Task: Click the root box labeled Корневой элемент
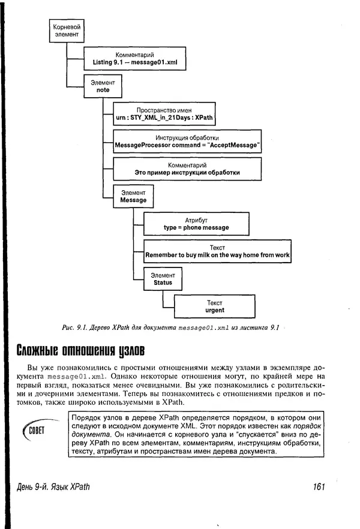click(65, 31)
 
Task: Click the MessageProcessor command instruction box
click(187, 142)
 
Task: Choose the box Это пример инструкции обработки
click(187, 169)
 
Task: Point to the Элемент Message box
click(133, 196)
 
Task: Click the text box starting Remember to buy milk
click(217, 251)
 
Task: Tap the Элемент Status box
click(163, 279)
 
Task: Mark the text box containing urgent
click(214, 306)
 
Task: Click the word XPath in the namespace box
click(190, 119)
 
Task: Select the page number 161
click(318, 487)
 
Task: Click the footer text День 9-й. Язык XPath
click(54, 487)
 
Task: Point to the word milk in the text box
click(203, 256)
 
